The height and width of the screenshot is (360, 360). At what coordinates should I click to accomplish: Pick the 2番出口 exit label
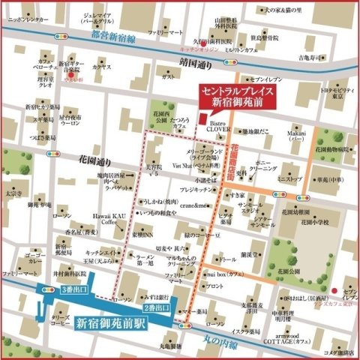click(x=157, y=308)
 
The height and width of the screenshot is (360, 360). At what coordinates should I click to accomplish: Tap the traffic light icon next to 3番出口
click(x=52, y=289)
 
